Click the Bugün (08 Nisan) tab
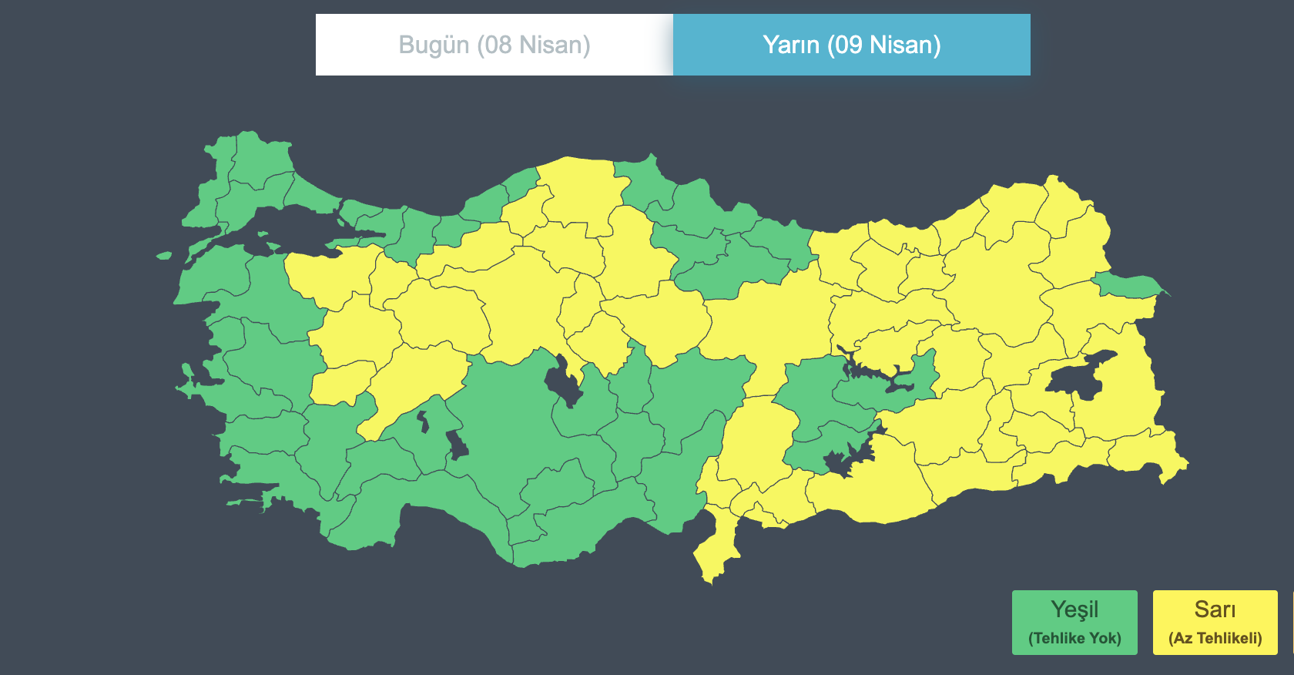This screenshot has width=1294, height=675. (x=494, y=45)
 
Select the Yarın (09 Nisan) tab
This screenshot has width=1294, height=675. (x=851, y=45)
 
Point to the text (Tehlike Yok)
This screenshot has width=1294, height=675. (x=1074, y=638)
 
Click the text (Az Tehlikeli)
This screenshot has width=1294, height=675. (x=1215, y=638)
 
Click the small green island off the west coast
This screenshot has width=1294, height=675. (x=163, y=255)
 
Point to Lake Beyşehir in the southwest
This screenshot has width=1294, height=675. (x=457, y=445)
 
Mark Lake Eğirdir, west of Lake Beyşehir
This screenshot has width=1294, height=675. (x=422, y=421)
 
